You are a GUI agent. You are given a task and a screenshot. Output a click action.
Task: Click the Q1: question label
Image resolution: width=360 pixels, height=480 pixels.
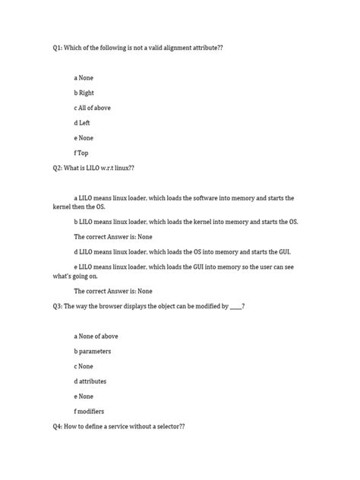pos(57,47)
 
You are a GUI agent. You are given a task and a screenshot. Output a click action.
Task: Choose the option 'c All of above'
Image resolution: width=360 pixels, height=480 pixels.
pos(92,108)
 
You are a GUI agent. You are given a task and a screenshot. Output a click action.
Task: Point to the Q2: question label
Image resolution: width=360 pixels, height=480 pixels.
pos(57,168)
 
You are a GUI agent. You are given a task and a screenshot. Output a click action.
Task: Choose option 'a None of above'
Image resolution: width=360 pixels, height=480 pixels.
pos(96,336)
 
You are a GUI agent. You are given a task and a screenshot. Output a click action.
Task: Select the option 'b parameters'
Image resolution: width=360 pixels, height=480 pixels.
pos(93,351)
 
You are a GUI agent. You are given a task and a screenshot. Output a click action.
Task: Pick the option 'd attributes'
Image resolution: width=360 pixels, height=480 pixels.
pos(92,381)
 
